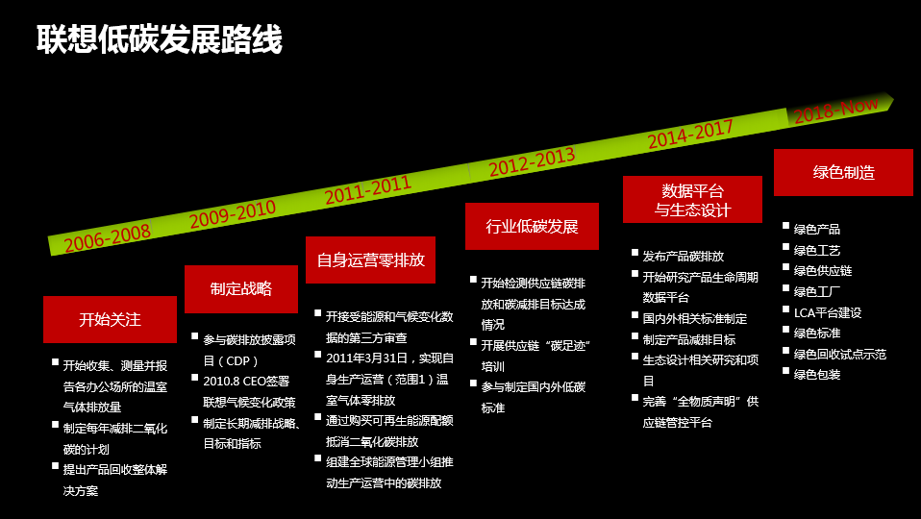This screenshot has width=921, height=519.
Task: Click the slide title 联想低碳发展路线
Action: click(x=160, y=39)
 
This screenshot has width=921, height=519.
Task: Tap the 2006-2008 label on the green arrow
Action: click(x=108, y=236)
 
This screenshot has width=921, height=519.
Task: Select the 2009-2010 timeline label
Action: click(x=233, y=214)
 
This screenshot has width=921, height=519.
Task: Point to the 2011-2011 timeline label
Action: click(x=367, y=189)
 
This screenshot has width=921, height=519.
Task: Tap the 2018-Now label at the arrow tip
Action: click(x=835, y=110)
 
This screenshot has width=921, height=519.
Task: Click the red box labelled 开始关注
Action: click(x=110, y=319)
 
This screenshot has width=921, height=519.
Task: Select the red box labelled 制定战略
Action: click(x=241, y=288)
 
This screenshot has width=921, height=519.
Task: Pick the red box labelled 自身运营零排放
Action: click(x=370, y=259)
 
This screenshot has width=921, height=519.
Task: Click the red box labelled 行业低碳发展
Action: click(x=532, y=227)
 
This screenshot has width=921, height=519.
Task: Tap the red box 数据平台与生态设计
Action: click(x=692, y=200)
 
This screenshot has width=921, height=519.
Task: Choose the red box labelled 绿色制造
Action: click(x=843, y=172)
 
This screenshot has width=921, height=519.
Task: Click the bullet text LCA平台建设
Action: click(x=828, y=312)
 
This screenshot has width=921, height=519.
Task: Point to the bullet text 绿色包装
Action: click(x=817, y=375)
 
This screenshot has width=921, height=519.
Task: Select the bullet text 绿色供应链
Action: click(x=823, y=271)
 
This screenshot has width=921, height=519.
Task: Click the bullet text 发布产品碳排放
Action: click(x=684, y=257)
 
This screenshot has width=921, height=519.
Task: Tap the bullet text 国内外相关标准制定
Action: click(x=695, y=318)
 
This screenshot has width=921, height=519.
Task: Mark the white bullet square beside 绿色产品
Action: click(x=784, y=227)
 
